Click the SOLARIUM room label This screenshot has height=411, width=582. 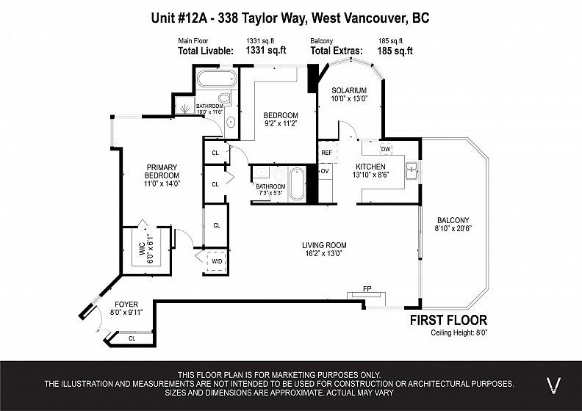point(349,90)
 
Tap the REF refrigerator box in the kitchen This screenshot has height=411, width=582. point(328,152)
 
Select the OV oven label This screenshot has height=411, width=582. point(325,171)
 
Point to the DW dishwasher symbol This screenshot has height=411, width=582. point(386,149)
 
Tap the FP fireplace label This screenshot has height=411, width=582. point(367,288)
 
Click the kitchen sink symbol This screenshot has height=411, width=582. point(412,171)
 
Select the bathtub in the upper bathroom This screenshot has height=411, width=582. point(216,79)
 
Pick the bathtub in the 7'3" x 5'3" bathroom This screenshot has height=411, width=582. point(297,183)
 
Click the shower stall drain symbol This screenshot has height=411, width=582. point(185,108)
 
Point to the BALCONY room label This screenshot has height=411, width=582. point(453,220)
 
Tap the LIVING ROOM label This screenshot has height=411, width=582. point(324,245)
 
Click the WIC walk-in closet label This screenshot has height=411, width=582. point(142,249)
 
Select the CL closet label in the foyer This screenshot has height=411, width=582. point(132,338)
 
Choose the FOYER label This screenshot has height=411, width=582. point(126,305)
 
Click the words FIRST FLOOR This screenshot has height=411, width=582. point(448,320)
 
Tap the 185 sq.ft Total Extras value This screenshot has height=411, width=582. point(395,51)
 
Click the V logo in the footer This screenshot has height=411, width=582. point(554,386)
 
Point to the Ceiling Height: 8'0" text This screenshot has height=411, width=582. point(459,332)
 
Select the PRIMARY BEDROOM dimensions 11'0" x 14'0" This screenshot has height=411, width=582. point(162,183)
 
